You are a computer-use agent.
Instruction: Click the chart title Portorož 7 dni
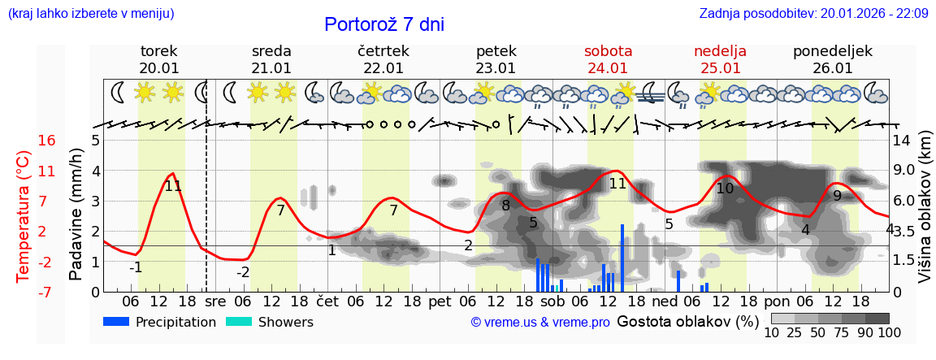384,24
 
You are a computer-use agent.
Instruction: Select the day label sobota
608,51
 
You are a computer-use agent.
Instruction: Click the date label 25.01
720,68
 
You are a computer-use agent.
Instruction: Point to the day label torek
159,51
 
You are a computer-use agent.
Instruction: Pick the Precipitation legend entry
160,322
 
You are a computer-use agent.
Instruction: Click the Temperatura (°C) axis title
24,215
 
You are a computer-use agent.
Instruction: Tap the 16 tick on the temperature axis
47,141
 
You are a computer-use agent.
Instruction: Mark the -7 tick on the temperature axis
47,292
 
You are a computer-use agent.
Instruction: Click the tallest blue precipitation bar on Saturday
622,258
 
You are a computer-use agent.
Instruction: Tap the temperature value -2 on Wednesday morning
243,272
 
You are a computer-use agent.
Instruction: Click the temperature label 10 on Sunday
725,189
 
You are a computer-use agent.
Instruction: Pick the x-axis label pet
440,301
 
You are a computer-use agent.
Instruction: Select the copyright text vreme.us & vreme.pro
540,323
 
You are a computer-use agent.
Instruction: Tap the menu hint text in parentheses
90,13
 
